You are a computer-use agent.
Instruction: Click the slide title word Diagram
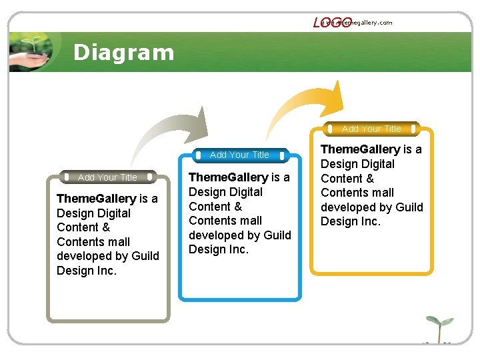click(x=123, y=52)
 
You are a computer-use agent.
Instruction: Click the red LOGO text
click(x=331, y=23)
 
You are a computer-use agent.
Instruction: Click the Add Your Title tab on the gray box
click(x=107, y=177)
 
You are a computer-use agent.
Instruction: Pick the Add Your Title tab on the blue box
click(x=239, y=155)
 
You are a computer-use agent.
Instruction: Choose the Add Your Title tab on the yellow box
click(x=371, y=129)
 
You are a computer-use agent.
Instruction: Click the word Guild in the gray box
click(x=145, y=256)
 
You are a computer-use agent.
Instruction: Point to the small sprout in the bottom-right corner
click(x=437, y=329)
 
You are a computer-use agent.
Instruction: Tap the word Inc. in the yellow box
click(x=368, y=221)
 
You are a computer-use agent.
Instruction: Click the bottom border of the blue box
click(x=239, y=299)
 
